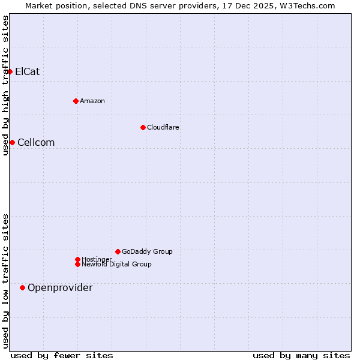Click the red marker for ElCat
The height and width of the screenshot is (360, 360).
[10, 71]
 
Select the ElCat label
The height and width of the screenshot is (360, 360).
[28, 71]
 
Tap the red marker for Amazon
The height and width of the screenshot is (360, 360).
[76, 101]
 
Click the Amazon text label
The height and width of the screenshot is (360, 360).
[92, 101]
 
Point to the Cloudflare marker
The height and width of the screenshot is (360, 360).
[143, 127]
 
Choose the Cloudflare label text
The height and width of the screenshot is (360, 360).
[163, 127]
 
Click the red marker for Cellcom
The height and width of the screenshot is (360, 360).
[12, 142]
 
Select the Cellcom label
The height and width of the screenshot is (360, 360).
[36, 142]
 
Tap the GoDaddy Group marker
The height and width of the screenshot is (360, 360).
[118, 251]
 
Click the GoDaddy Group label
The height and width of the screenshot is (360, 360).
[147, 251]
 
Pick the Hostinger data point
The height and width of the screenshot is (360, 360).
[77, 259]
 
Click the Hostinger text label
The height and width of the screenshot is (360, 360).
[97, 259]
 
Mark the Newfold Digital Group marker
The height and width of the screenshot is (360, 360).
[77, 264]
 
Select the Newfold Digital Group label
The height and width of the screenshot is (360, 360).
[117, 265]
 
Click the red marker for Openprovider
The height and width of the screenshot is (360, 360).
[22, 287]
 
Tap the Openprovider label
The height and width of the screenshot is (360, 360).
[60, 288]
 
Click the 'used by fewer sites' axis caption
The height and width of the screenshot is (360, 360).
[62, 355]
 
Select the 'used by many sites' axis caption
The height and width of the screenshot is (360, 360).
[301, 355]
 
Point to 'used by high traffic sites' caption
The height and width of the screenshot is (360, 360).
[5, 85]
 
